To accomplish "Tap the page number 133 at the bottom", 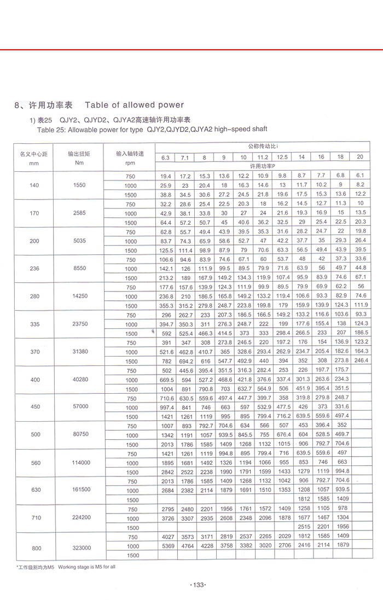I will pyautogui.click(x=196, y=585).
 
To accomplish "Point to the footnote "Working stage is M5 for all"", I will pyautogui.click(x=85, y=567).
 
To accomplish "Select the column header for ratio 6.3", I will pyautogui.click(x=165, y=158).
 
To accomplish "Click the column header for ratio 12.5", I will pyautogui.click(x=282, y=158).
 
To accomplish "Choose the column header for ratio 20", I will pyautogui.click(x=359, y=157).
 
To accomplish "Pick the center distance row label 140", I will pyautogui.click(x=34, y=185).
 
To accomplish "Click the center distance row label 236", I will pyautogui.click(x=34, y=268).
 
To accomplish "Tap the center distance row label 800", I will pyautogui.click(x=34, y=547).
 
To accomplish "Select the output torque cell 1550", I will pyautogui.click(x=79, y=185).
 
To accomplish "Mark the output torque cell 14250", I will pyautogui.click(x=79, y=296).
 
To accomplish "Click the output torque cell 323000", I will pyautogui.click(x=79, y=547).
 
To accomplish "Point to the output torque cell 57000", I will pyautogui.click(x=79, y=407).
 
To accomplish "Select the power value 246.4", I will pyautogui.click(x=359, y=360).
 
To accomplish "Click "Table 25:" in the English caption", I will pyautogui.click(x=51, y=129).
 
